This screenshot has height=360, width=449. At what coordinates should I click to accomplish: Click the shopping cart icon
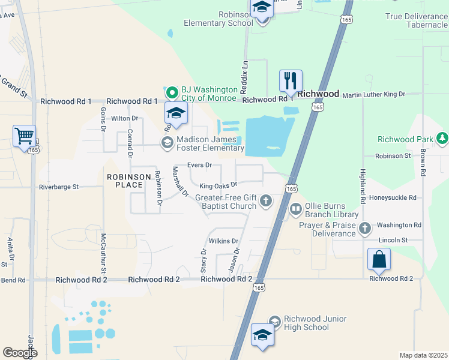[24, 136]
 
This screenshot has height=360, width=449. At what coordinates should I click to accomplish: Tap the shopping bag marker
[379, 259]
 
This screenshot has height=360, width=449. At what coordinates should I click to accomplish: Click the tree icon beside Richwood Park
[442, 139]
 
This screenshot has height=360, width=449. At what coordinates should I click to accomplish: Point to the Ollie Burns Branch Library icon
[295, 209]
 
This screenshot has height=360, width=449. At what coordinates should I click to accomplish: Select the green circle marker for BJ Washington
[173, 92]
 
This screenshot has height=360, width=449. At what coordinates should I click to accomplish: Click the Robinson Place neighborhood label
[125, 181]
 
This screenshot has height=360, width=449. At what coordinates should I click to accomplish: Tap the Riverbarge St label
[59, 187]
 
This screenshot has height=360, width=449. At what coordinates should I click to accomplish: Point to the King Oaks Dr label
[218, 185]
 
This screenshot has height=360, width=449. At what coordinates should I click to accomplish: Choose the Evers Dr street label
[200, 164]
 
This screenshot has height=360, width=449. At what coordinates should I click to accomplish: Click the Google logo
[20, 353]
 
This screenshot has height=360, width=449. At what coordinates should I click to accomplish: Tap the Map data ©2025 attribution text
[423, 355]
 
